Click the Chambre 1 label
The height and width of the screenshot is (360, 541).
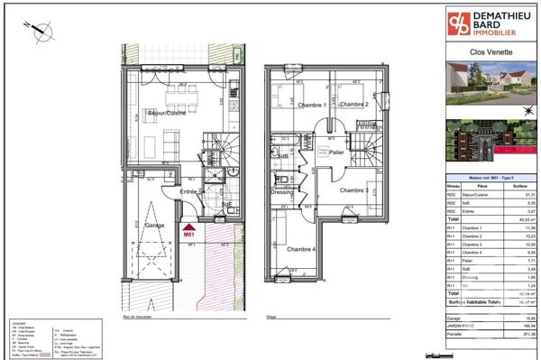(289, 105)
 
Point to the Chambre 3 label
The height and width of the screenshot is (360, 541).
(353, 191)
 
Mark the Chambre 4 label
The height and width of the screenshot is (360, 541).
(301, 248)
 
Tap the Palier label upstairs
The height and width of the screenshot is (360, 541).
(336, 152)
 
